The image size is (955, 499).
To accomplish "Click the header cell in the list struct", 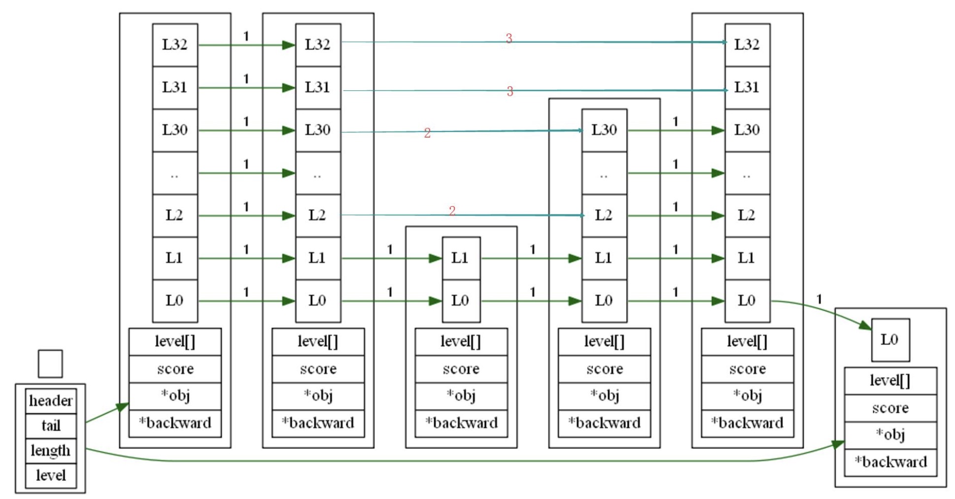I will pyautogui.click(x=51, y=400).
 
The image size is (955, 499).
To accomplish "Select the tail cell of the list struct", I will pyautogui.click(x=51, y=426).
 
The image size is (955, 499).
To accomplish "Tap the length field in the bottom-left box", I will pyautogui.click(x=51, y=450).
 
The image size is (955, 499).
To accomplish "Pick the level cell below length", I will pyautogui.click(x=51, y=475).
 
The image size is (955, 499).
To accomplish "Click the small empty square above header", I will pyautogui.click(x=50, y=364).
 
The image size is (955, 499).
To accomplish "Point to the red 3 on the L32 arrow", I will pyautogui.click(x=509, y=38).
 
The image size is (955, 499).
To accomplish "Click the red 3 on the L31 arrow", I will pyautogui.click(x=510, y=91).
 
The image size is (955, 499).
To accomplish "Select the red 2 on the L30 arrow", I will pyautogui.click(x=427, y=133).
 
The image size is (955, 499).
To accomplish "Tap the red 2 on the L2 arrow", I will pyautogui.click(x=452, y=211).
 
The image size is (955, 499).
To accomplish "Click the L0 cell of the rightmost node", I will pyautogui.click(x=890, y=340).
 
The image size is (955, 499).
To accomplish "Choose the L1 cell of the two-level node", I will pyautogui.click(x=461, y=258).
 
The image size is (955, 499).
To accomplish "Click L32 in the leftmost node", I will pyautogui.click(x=175, y=45).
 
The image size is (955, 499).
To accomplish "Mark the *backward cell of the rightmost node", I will pyautogui.click(x=890, y=462).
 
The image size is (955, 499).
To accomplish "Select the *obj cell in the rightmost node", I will pyautogui.click(x=890, y=435).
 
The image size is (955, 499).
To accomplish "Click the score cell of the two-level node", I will pyautogui.click(x=461, y=369).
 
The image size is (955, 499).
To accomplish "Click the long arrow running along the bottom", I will pyautogui.click(x=443, y=461).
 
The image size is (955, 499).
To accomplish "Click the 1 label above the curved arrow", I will pyautogui.click(x=819, y=299).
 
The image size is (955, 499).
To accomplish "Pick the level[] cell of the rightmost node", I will pyautogui.click(x=890, y=381).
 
